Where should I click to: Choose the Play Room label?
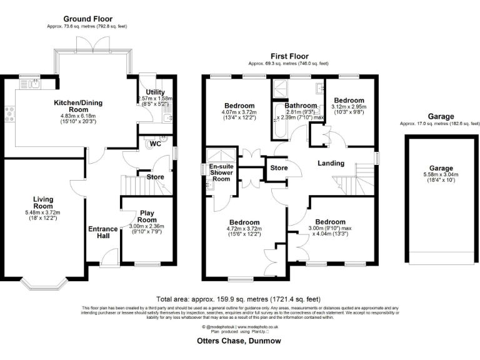(x=146, y=216)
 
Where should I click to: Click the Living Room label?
(x=43, y=202)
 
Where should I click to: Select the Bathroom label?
(x=301, y=106)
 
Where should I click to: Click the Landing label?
(x=331, y=164)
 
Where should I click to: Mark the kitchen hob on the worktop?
(x=10, y=114)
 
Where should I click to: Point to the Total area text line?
(x=239, y=301)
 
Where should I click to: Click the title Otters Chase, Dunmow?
(x=240, y=341)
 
